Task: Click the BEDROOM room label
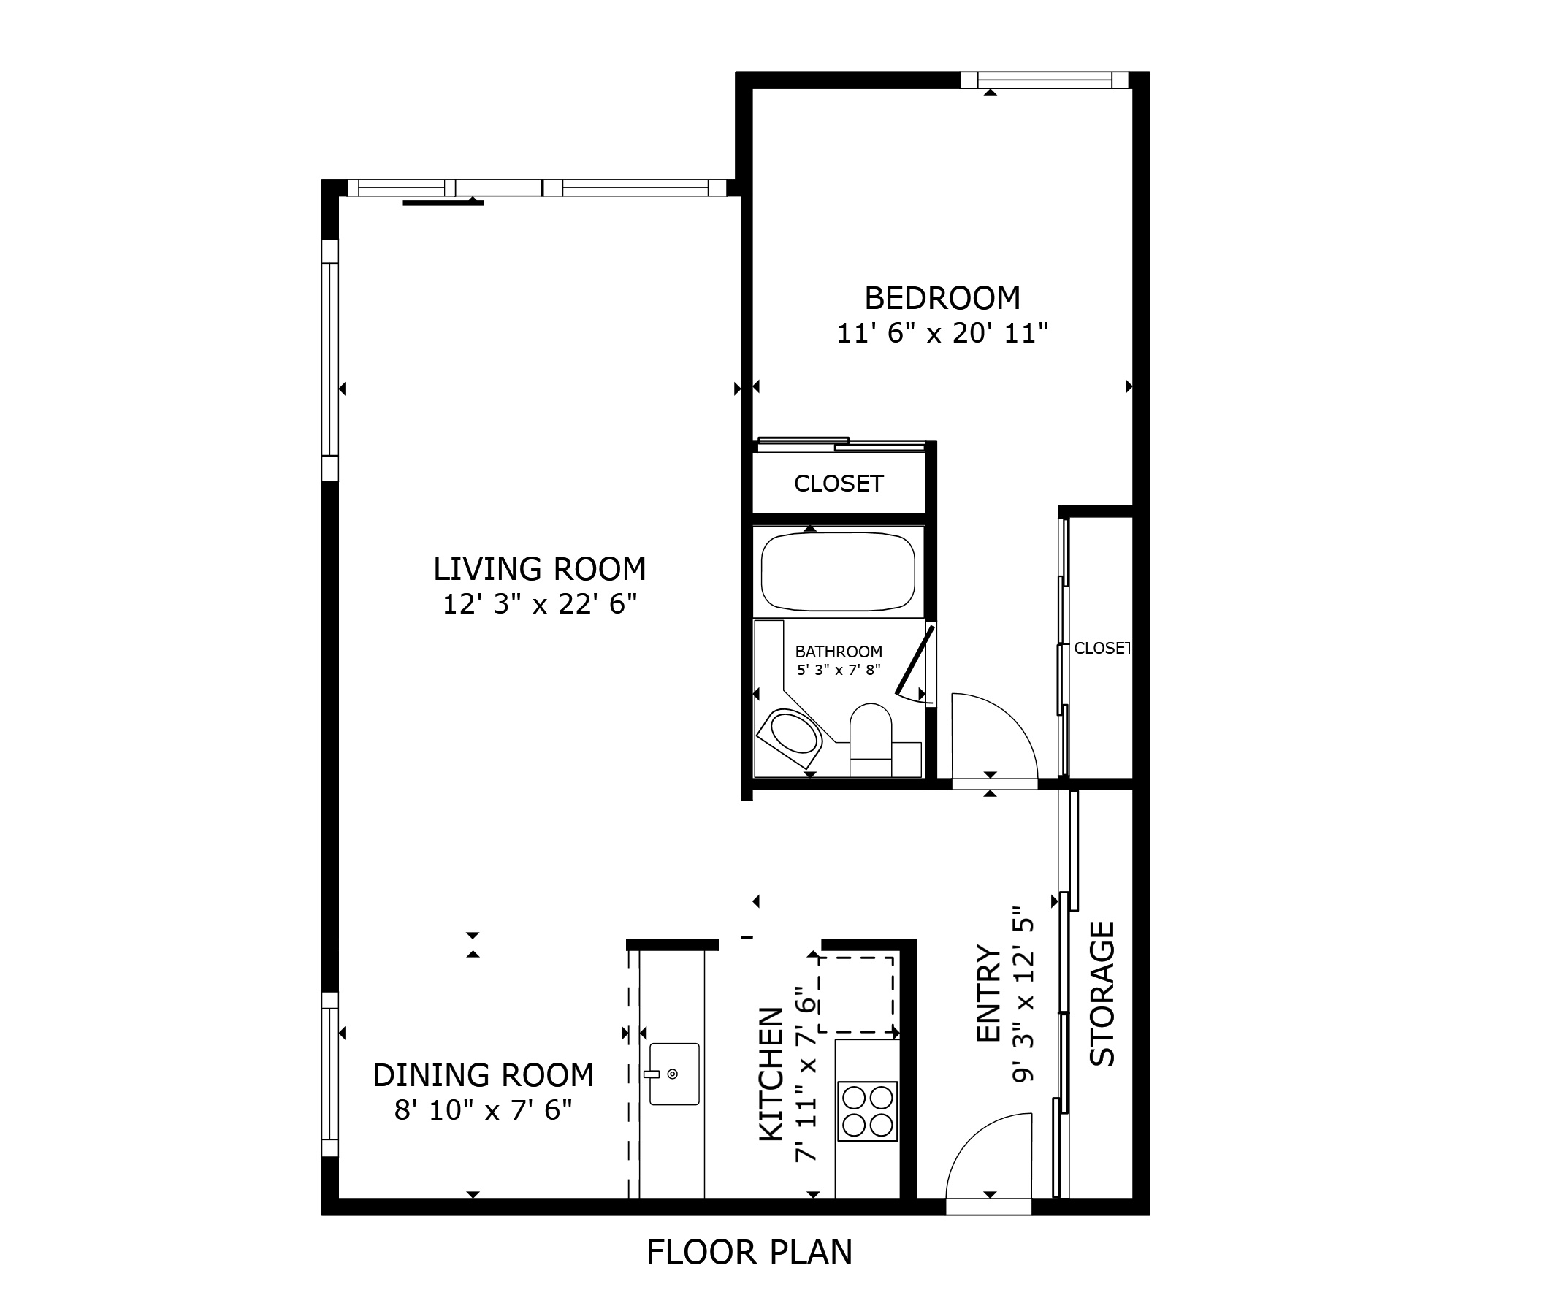(942, 298)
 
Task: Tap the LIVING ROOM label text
(540, 569)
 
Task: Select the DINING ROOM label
(484, 1075)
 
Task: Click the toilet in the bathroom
(871, 740)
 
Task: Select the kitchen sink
(674, 1074)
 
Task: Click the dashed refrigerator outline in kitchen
(856, 994)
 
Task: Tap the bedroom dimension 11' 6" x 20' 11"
(943, 333)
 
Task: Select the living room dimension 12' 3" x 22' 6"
(541, 604)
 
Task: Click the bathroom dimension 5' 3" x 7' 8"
(839, 670)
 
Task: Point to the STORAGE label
(1102, 993)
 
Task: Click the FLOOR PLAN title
(749, 1252)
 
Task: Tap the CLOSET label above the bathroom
(839, 484)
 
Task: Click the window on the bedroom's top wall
(1045, 80)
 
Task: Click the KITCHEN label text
(771, 1074)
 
